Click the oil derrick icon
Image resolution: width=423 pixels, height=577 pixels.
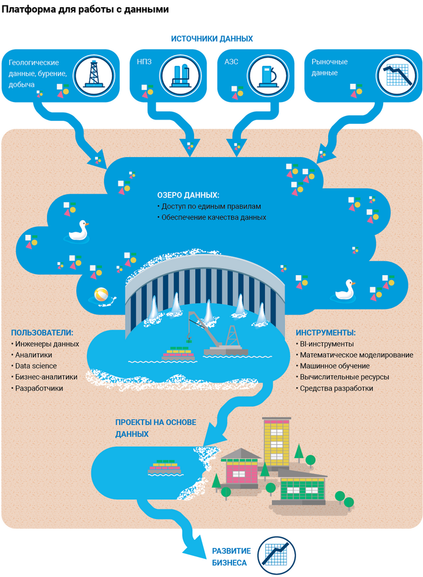94,74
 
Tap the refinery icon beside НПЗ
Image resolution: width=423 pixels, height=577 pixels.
179,74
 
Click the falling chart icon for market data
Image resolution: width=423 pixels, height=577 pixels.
398,74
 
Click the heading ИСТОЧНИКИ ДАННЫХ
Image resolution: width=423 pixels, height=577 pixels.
211,39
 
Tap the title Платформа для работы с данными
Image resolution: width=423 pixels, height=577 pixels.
85,10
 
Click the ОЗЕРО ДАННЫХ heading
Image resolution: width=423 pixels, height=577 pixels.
188,196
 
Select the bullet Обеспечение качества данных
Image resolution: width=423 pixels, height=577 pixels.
213,217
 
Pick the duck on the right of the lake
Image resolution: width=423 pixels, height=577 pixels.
346,289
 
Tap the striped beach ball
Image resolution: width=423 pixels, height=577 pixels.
101,296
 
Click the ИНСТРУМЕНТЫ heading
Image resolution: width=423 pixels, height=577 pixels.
325,333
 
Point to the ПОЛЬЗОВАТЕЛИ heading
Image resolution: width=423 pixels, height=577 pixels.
42,333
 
